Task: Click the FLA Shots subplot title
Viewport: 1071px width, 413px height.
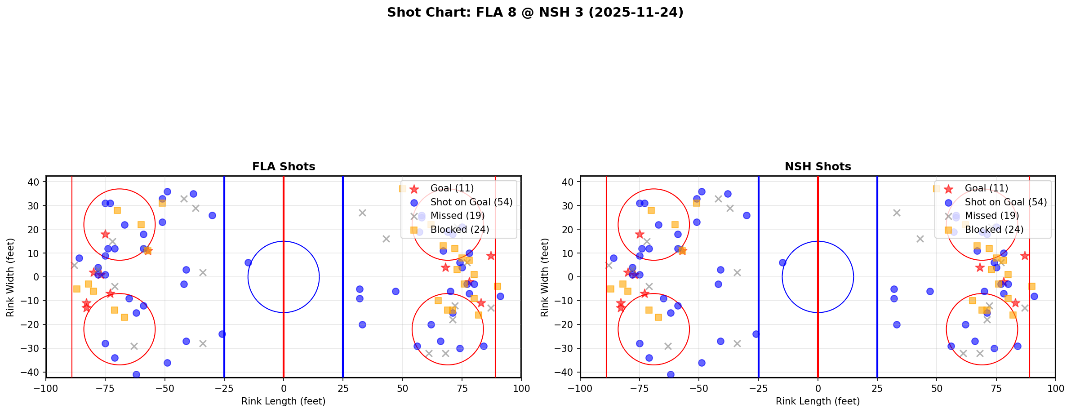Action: click(284, 167)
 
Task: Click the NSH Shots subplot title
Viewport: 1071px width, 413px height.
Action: click(818, 167)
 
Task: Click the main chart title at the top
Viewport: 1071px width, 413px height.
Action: click(535, 12)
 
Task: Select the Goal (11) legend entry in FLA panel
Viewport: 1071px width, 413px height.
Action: click(452, 188)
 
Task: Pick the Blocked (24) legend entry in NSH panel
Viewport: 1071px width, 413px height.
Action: click(994, 230)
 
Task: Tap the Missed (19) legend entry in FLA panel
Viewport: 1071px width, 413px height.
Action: click(457, 216)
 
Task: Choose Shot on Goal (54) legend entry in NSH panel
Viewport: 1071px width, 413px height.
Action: click(1005, 202)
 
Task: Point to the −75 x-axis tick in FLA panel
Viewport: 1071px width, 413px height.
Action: click(105, 388)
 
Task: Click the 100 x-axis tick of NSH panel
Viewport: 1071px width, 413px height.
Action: click(1055, 388)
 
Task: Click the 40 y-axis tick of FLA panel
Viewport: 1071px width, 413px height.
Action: click(36, 182)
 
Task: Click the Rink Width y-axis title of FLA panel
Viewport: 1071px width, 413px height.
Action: click(10, 277)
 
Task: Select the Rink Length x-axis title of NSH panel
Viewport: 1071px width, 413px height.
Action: click(818, 401)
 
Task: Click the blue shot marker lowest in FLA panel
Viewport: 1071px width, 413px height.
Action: click(136, 374)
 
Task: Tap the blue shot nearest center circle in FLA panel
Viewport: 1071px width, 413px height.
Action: click(248, 262)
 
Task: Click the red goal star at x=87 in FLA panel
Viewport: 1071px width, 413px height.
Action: click(490, 256)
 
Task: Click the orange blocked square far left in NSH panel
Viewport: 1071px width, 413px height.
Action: click(611, 289)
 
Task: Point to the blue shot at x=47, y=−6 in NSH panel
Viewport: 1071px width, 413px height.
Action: click(929, 291)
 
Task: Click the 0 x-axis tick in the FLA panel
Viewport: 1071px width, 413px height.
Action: click(284, 388)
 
